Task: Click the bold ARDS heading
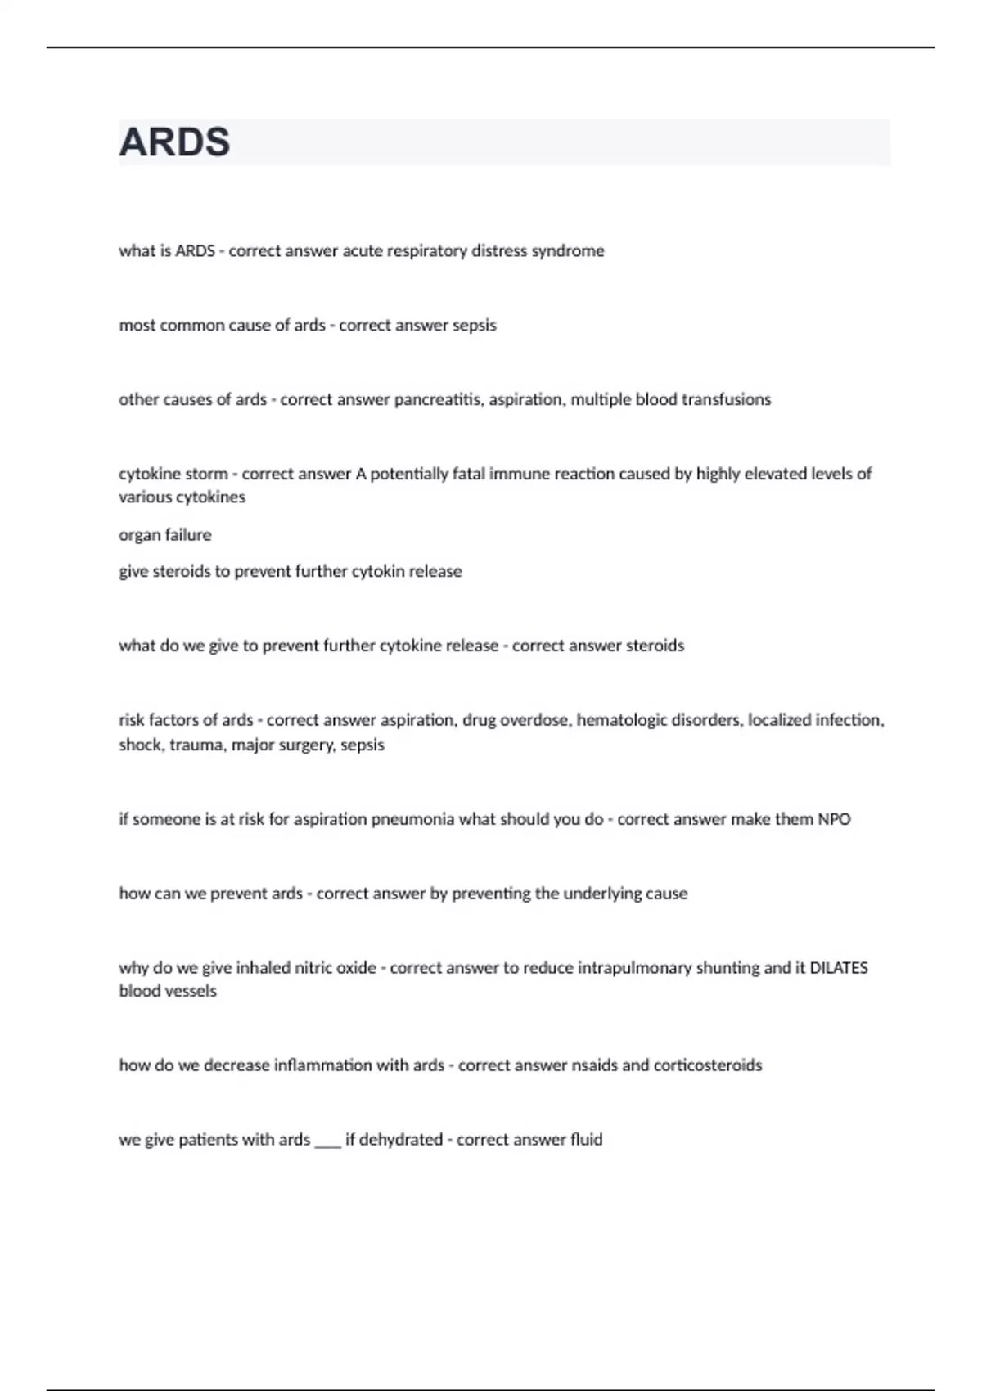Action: pos(174,142)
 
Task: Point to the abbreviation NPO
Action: pos(834,819)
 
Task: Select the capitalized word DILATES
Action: pos(839,968)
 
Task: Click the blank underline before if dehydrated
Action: pos(327,1143)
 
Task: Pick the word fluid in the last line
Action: pos(586,1140)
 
